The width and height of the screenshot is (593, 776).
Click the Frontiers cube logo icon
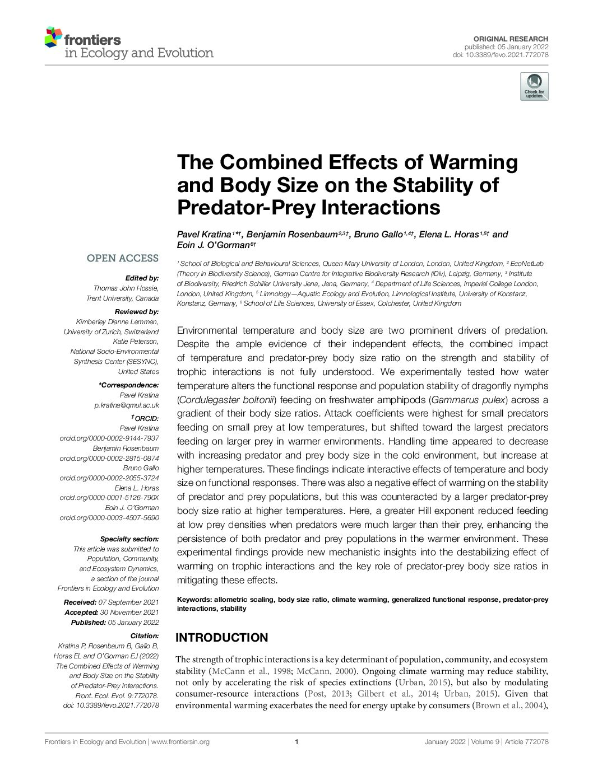pyautogui.click(x=53, y=36)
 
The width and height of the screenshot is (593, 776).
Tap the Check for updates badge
pyautogui.click(x=534, y=87)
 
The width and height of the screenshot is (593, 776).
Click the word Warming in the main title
pyautogui.click(x=474, y=162)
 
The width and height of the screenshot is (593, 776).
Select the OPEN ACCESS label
pyautogui.click(x=122, y=258)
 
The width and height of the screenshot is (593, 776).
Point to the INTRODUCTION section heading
pyautogui.click(x=222, y=638)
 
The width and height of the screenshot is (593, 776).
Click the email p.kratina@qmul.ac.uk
pyautogui.click(x=127, y=405)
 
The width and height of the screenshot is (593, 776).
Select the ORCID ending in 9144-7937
pyautogui.click(x=109, y=438)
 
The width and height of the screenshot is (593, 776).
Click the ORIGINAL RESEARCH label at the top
pyautogui.click(x=511, y=39)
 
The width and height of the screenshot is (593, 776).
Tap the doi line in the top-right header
pyautogui.click(x=501, y=55)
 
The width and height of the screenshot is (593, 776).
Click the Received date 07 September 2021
pyautogui.click(x=128, y=602)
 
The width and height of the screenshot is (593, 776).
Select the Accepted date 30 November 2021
pyautogui.click(x=129, y=613)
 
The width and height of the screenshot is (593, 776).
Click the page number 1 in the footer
pyautogui.click(x=296, y=742)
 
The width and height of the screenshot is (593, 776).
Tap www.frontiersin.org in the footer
pyautogui.click(x=180, y=742)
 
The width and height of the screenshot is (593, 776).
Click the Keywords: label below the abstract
pyautogui.click(x=194, y=600)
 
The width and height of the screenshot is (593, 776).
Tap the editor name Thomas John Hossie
pyautogui.click(x=126, y=288)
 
